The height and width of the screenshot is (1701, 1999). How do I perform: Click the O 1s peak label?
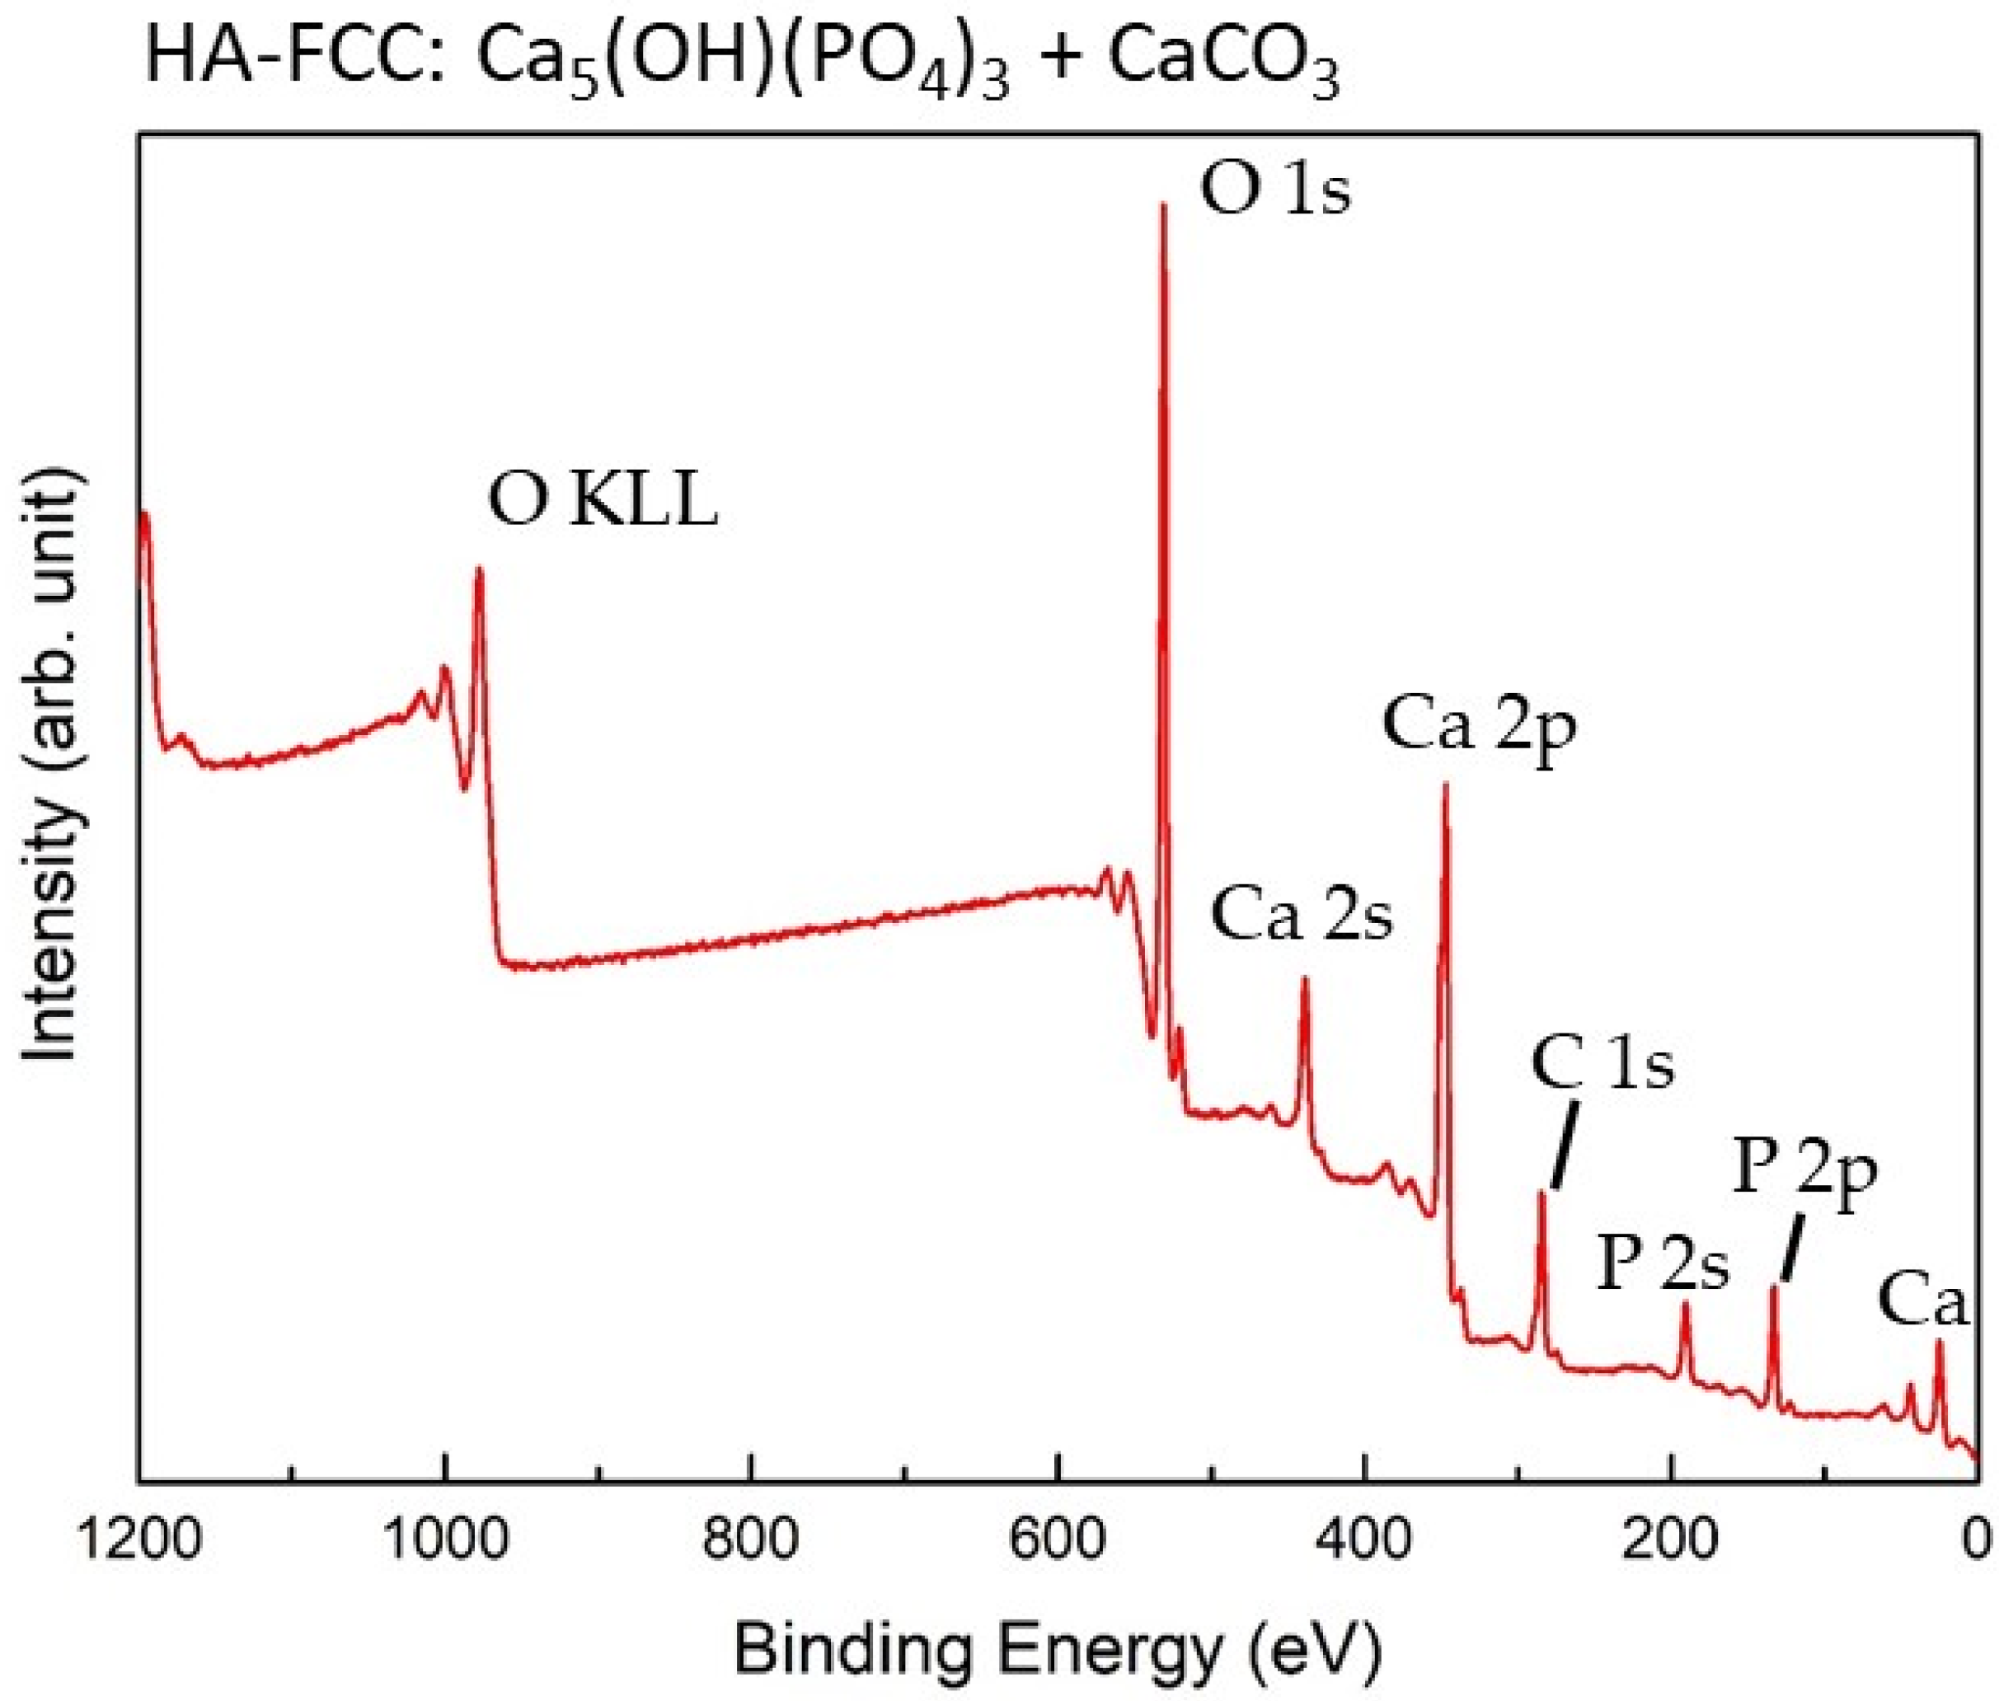[x=1274, y=193]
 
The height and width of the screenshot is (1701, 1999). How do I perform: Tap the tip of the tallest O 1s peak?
[x=1163, y=206]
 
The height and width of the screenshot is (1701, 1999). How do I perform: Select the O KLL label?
[x=603, y=504]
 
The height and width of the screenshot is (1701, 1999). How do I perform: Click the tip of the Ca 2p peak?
[x=1444, y=786]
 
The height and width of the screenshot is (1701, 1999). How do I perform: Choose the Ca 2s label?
[x=1301, y=917]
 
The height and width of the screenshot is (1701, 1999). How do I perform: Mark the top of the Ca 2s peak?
[x=1305, y=981]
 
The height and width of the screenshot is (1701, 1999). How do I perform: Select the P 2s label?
[x=1663, y=1265]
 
